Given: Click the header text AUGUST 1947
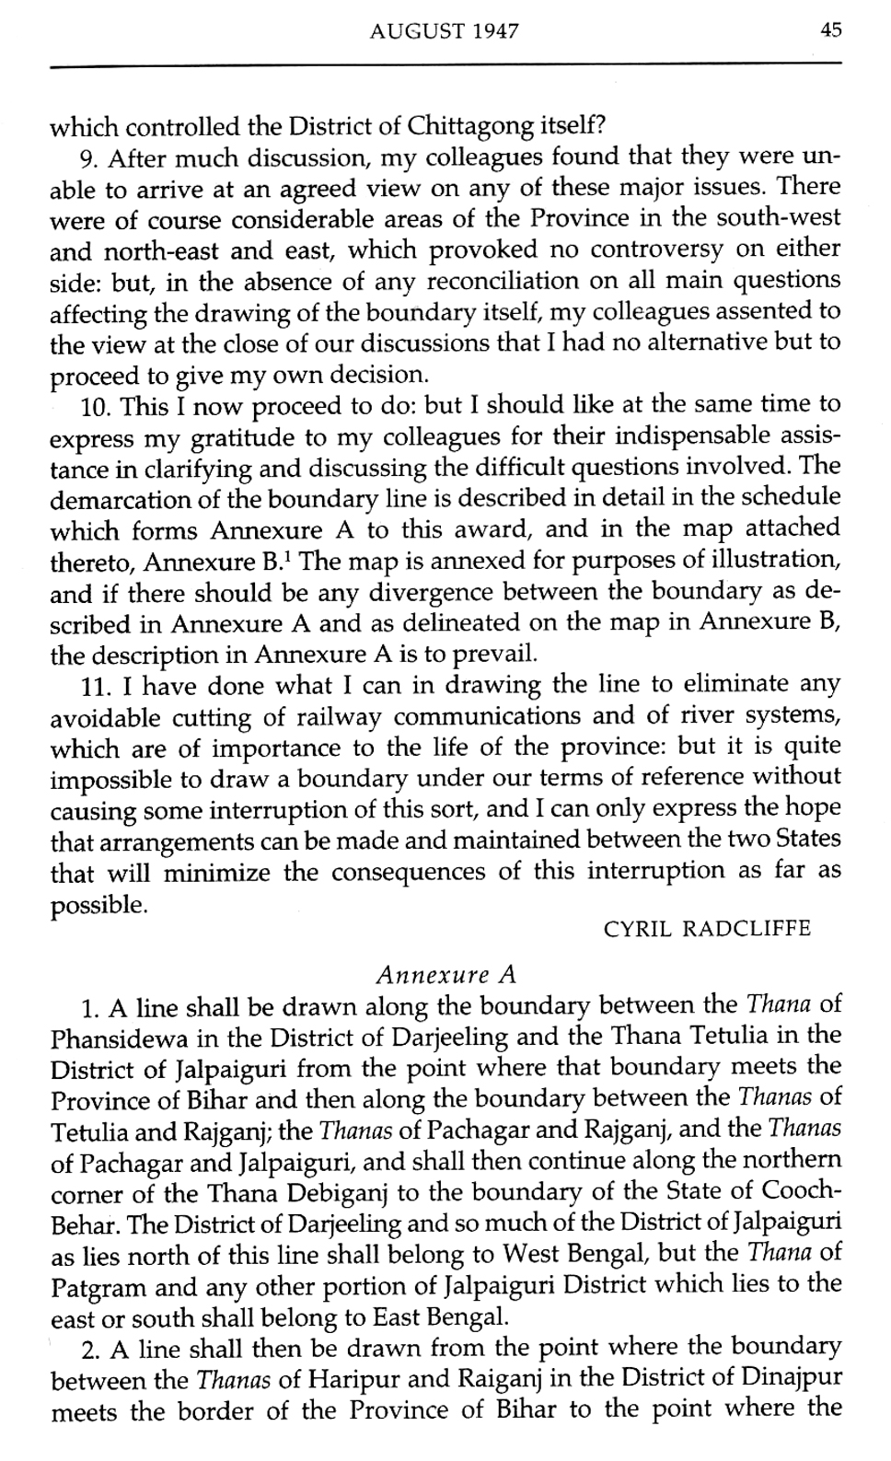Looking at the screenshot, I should coord(444,32).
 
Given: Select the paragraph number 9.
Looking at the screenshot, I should coord(89,158).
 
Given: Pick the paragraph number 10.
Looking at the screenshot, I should coord(95,405).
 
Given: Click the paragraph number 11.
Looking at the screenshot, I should coord(94,686).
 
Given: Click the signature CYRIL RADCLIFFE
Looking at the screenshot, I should coord(707,928).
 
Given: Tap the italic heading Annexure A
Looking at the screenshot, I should coord(446,974).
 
